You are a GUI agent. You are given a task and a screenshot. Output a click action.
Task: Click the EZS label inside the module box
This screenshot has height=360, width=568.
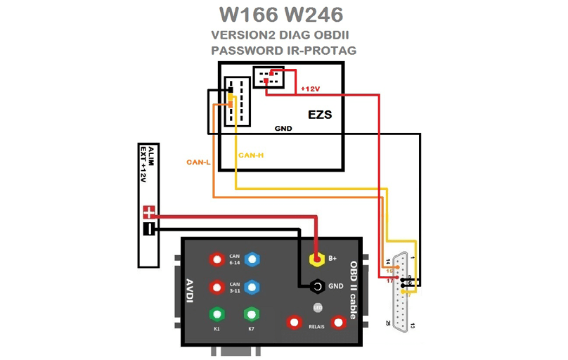click(320, 114)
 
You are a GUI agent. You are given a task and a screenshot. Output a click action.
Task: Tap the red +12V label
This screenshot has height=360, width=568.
click(310, 89)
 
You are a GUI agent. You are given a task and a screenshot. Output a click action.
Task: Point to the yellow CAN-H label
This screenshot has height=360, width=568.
click(252, 155)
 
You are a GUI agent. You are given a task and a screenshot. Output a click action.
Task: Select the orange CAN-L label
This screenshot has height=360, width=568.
click(198, 162)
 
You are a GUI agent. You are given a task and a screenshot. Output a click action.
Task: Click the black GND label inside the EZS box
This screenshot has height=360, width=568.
click(283, 129)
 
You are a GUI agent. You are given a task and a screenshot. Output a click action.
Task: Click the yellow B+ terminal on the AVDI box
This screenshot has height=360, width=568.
click(317, 259)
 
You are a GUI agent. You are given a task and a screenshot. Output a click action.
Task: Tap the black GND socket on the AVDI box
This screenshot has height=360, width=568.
click(317, 286)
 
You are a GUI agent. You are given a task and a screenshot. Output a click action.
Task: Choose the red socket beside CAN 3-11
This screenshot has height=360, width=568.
click(217, 287)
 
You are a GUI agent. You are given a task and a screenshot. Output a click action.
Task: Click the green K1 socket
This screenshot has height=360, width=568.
click(217, 314)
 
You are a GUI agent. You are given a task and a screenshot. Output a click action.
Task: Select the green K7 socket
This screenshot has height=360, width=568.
click(251, 314)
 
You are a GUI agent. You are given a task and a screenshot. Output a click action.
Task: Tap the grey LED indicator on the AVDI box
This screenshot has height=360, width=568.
click(317, 307)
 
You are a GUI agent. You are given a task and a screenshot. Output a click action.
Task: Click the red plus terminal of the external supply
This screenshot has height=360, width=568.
click(149, 212)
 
